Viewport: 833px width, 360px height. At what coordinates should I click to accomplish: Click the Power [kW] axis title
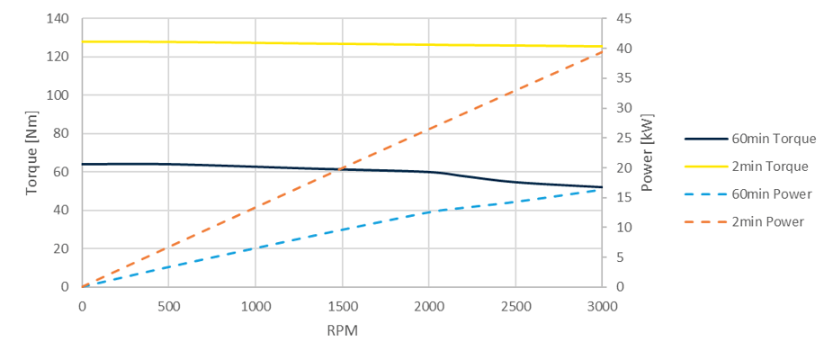(647, 152)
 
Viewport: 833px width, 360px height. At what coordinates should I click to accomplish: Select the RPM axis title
(342, 330)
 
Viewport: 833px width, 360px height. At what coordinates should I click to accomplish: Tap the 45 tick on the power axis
(622, 18)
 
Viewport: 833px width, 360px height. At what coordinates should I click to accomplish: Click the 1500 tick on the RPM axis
(342, 305)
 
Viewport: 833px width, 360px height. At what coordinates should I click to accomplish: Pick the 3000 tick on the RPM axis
(602, 305)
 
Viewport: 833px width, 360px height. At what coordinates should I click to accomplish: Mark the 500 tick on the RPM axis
(169, 305)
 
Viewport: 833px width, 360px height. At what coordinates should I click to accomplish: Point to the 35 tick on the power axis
(622, 77)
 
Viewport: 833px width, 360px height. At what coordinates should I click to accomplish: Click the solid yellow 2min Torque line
(342, 43)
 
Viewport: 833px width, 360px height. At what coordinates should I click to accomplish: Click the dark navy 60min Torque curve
(270, 167)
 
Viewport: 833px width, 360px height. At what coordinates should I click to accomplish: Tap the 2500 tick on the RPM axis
(515, 305)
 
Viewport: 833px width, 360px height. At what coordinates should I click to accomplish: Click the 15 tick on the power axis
(622, 197)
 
